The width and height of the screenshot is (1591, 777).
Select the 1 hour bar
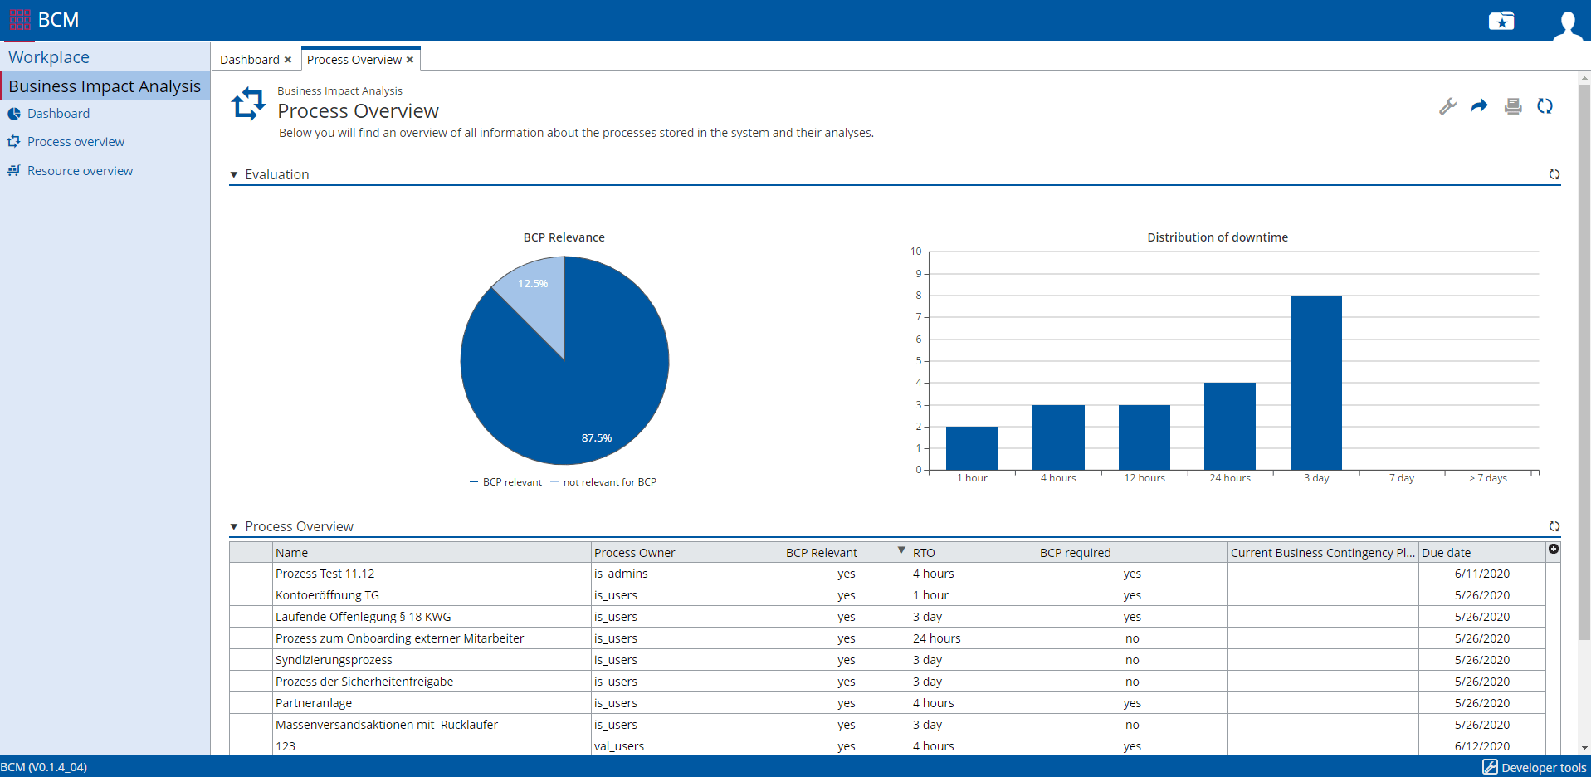click(972, 448)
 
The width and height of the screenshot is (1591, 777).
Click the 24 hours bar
click(1229, 426)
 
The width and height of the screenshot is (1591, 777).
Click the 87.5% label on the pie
click(596, 437)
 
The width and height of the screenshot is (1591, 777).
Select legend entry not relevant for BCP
click(609, 482)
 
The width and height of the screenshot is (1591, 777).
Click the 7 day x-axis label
click(1401, 478)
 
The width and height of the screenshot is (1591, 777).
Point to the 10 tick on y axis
click(915, 252)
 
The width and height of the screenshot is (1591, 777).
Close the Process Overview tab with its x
click(410, 60)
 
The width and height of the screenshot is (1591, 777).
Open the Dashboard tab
click(249, 60)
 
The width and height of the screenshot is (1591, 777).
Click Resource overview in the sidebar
click(80, 171)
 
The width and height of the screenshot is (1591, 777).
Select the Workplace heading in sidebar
click(49, 57)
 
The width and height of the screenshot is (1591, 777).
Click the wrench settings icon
click(1447, 106)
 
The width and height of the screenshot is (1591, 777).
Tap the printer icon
click(1513, 106)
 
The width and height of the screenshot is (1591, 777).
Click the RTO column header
click(924, 553)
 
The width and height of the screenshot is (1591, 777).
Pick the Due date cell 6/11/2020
click(1481, 574)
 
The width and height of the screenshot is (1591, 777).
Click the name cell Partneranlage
click(314, 703)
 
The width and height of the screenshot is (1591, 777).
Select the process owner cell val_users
click(619, 746)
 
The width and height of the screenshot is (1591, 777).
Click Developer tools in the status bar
click(1535, 768)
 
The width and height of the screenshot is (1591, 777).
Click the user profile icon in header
click(1566, 22)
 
